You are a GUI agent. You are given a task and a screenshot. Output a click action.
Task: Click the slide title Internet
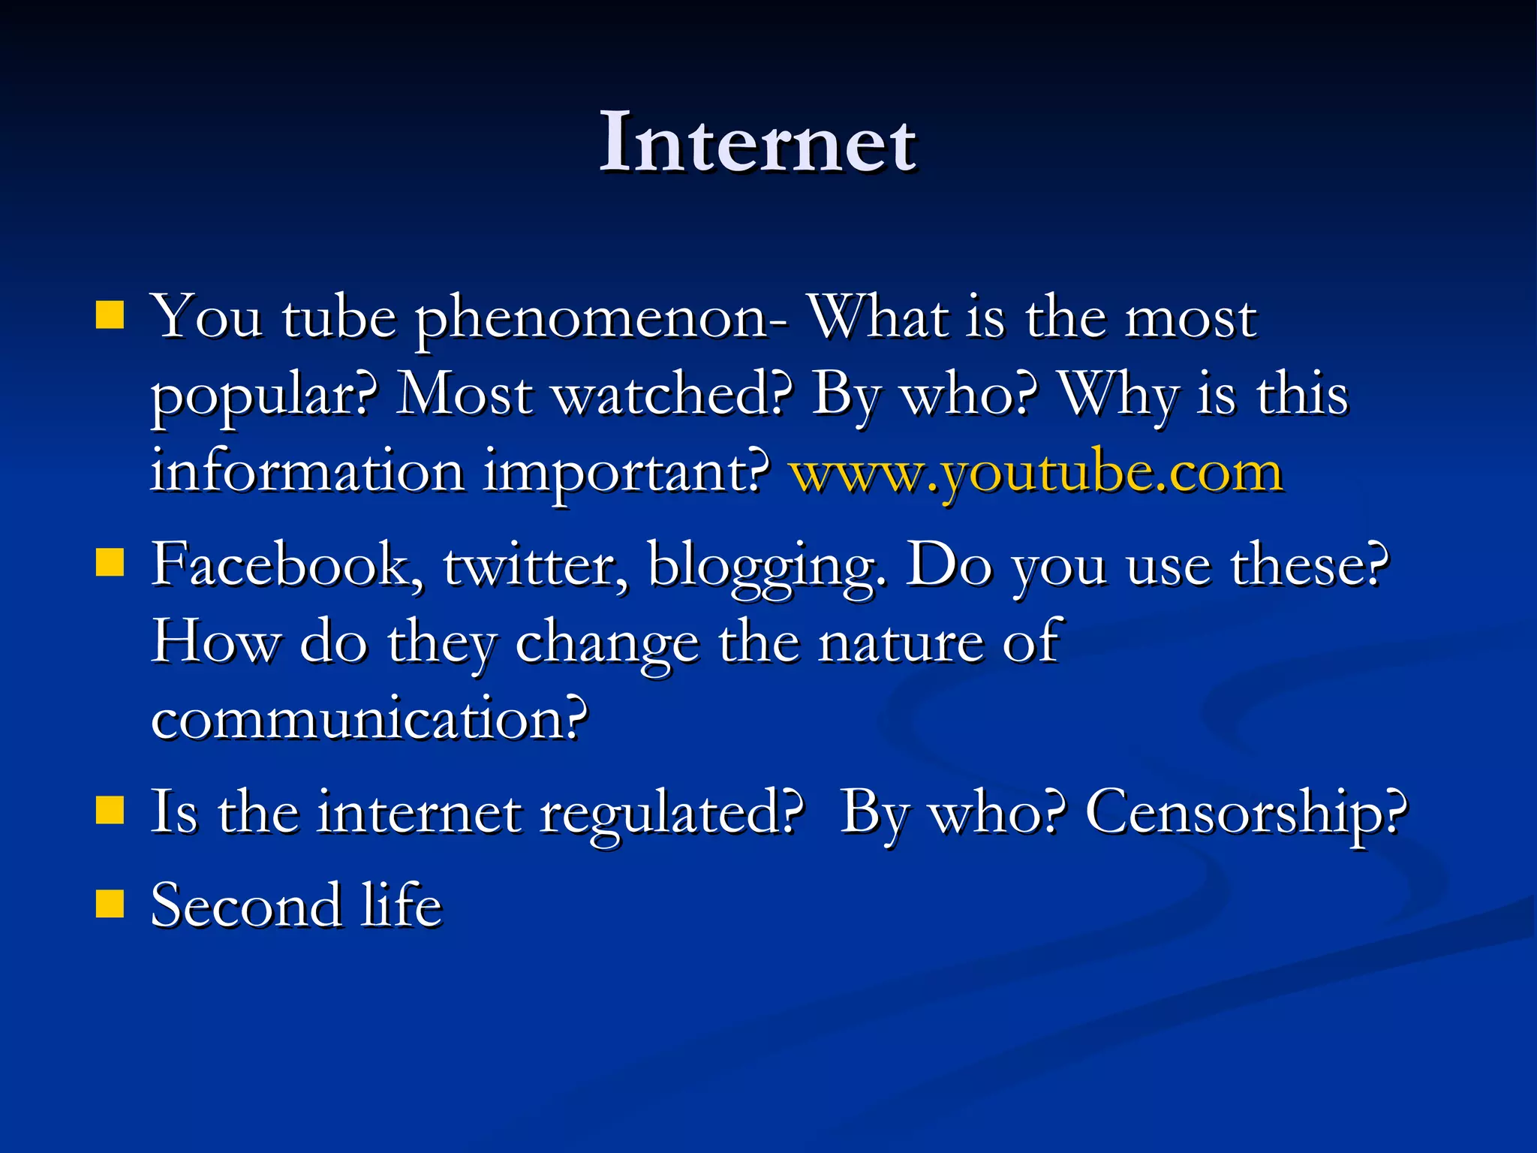click(x=757, y=143)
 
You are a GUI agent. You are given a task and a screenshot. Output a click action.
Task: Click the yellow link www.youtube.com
click(x=1036, y=472)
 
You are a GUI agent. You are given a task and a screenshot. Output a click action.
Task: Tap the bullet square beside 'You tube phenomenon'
click(x=110, y=316)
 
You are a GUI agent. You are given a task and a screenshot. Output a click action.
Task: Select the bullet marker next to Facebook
click(x=110, y=561)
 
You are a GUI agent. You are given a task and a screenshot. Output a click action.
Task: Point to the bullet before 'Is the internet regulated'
click(x=110, y=811)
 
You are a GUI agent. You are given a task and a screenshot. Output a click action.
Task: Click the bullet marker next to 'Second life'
click(x=110, y=904)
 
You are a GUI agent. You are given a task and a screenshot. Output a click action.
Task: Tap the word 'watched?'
click(x=672, y=395)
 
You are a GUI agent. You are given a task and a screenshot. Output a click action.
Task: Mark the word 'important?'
click(x=626, y=474)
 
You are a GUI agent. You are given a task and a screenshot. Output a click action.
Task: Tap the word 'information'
click(x=308, y=472)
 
